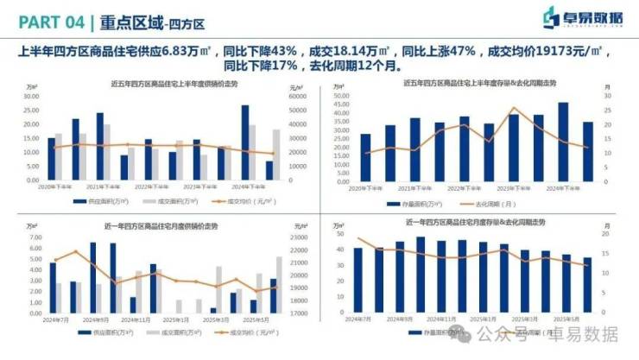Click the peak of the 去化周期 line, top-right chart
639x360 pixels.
[x=516, y=109]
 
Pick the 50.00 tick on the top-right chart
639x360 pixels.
[x=339, y=96]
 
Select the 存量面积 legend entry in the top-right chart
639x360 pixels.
[x=422, y=203]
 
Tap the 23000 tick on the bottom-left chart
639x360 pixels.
[x=299, y=237]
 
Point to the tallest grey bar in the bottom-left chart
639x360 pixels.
[x=279, y=285]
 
